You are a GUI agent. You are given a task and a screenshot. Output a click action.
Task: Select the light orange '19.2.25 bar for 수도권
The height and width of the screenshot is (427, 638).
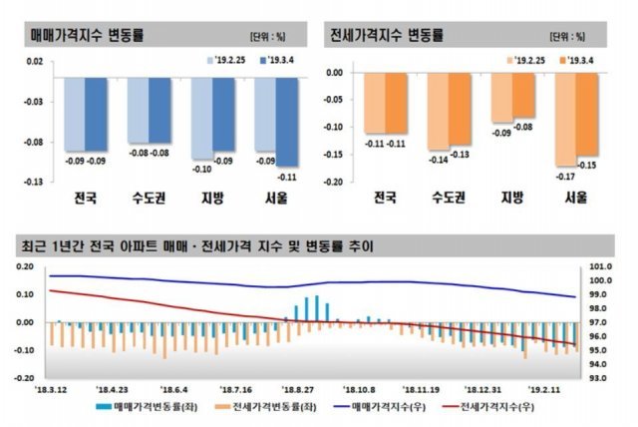click(438, 110)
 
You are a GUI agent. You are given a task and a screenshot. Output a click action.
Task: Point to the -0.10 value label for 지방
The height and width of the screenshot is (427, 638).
click(200, 171)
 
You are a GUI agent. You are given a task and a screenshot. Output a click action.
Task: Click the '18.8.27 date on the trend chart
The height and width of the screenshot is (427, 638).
click(298, 390)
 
